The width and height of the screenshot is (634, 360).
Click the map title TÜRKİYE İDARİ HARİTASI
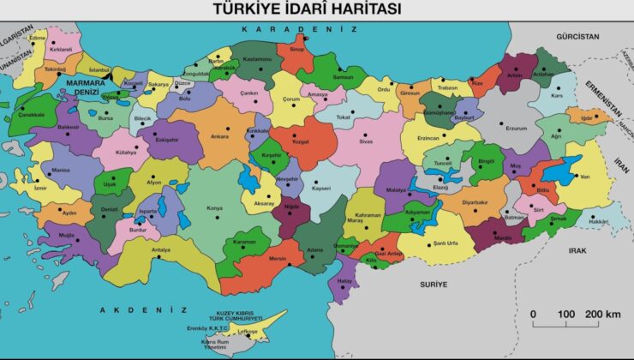pos(316,9)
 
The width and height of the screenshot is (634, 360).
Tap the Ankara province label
pos(219,136)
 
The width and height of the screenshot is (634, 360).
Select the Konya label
pos(215,207)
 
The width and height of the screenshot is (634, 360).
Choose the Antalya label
pos(160,249)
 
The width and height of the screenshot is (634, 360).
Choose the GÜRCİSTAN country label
pos(578,37)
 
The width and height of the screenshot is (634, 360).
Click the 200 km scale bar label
pos(603,315)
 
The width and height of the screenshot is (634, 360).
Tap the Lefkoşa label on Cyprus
pos(248,331)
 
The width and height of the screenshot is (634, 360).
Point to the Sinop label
pos(296,50)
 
